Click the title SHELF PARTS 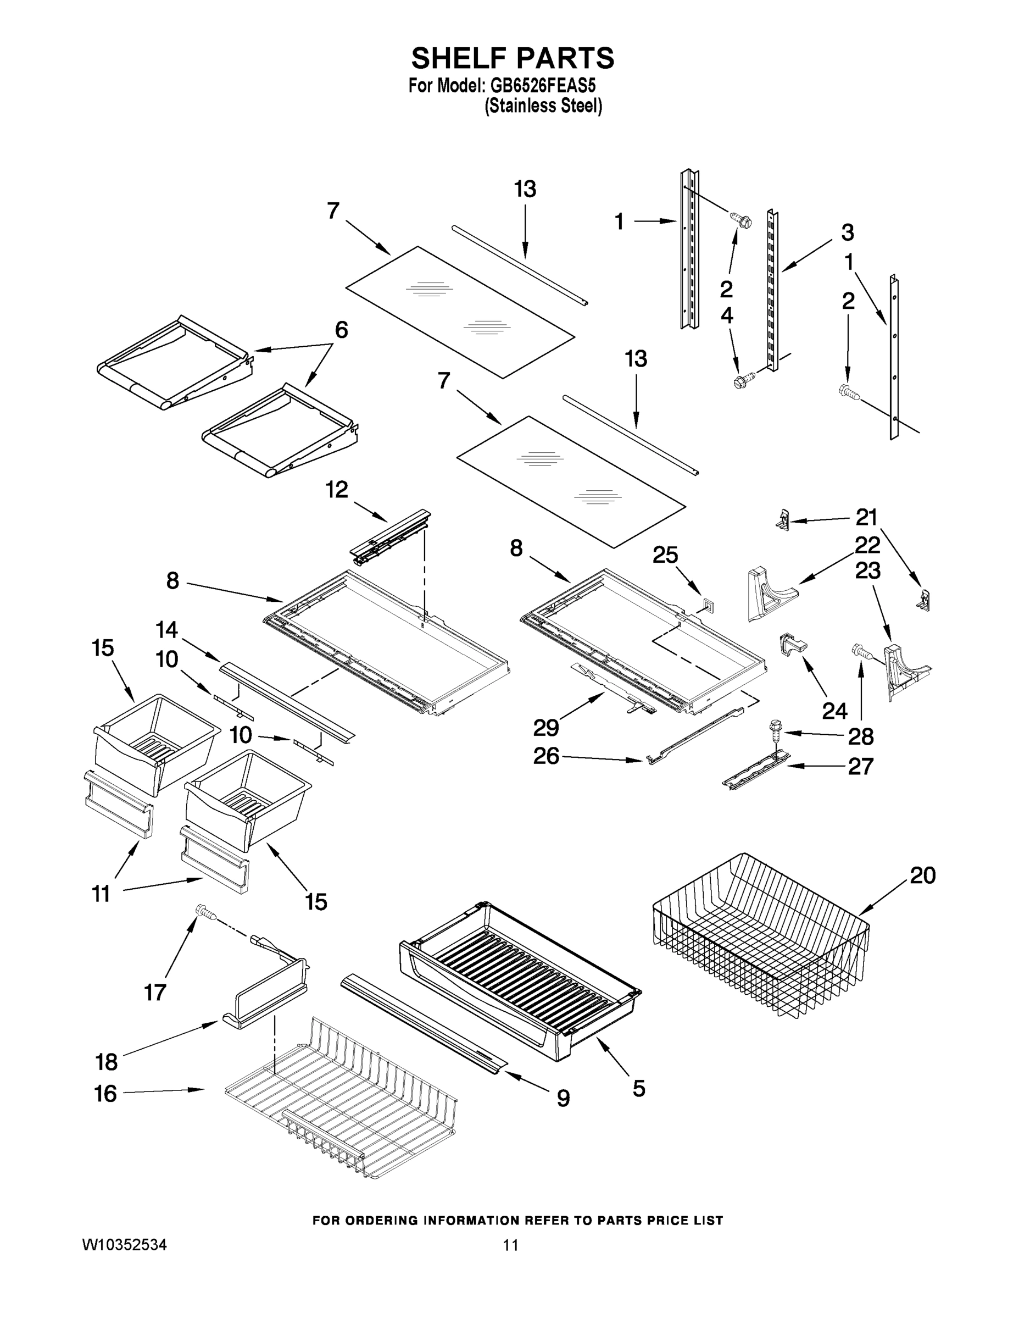pos(512,59)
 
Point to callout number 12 pos(337,489)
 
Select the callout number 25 pos(665,555)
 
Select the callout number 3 pos(847,232)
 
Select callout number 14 pos(166,630)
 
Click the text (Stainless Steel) pos(543,106)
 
